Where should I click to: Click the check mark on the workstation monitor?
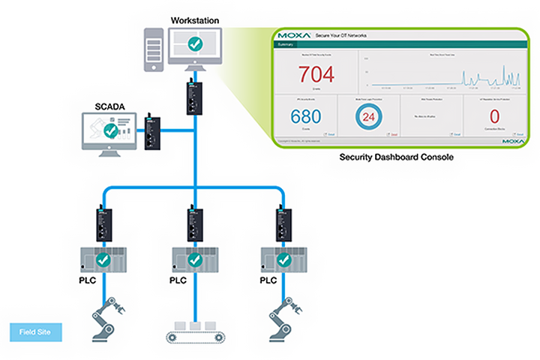point(194,44)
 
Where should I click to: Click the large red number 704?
point(316,75)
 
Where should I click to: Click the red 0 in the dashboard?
point(494,117)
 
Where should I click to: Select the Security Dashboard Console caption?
point(396,157)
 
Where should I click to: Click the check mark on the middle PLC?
point(194,259)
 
